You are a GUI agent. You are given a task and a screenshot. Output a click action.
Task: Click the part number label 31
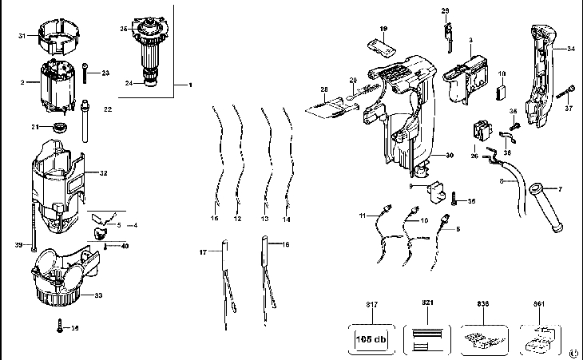point(23,35)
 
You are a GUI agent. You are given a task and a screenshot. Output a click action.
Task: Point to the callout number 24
point(129,83)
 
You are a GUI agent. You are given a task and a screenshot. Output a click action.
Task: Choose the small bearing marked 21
point(59,128)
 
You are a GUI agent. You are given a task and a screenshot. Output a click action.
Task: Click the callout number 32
point(103,172)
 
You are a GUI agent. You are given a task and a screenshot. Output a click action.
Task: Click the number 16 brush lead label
point(285,244)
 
